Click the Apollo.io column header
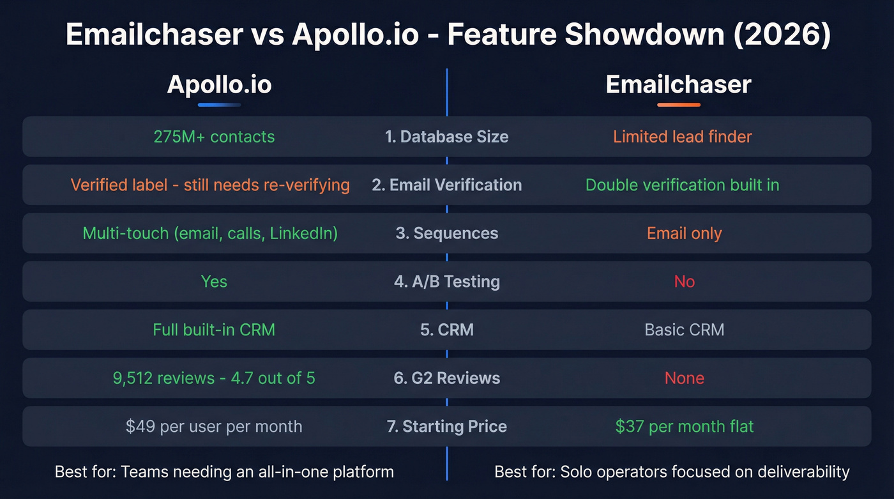(219, 85)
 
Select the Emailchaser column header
(678, 85)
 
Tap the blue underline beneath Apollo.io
(219, 104)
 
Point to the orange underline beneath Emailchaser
(678, 104)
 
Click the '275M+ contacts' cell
(214, 137)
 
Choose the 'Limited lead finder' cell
(682, 137)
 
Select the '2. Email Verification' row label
(446, 185)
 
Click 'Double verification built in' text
(682, 185)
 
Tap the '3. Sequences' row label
(446, 233)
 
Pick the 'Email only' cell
(684, 233)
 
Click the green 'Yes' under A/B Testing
(214, 282)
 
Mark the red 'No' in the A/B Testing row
(684, 282)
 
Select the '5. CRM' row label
(446, 330)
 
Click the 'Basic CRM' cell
(684, 330)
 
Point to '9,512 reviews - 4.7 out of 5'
(214, 378)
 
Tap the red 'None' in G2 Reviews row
(684, 378)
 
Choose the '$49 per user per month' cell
(214, 426)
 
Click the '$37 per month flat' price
(684, 426)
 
